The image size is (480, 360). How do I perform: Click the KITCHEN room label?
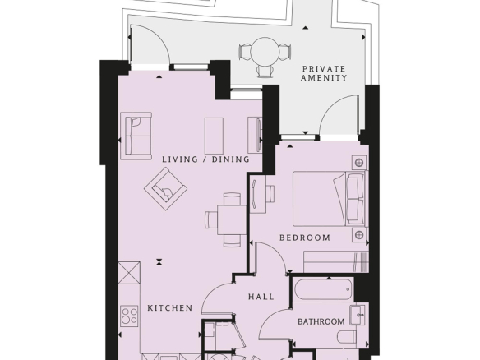pyautogui.click(x=170, y=307)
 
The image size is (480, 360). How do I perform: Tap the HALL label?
pyautogui.click(x=261, y=297)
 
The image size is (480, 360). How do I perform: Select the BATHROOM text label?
pyautogui.click(x=321, y=321)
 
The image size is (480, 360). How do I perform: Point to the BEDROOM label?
pyautogui.click(x=305, y=238)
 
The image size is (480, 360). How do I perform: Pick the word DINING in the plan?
pyautogui.click(x=231, y=159)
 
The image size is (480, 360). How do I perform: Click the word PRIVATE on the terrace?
pyautogui.click(x=324, y=68)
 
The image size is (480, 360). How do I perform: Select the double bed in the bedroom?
pyautogui.click(x=330, y=199)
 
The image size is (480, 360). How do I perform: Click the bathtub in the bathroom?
pyautogui.click(x=323, y=289)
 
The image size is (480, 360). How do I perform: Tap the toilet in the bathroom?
pyautogui.click(x=347, y=337)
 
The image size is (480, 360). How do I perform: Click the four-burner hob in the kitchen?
pyautogui.click(x=129, y=316)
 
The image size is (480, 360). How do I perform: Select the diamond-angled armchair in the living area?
pyautogui.click(x=165, y=189)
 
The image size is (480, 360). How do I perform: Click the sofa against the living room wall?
pyautogui.click(x=136, y=136)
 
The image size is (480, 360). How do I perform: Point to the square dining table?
pyautogui.click(x=232, y=219)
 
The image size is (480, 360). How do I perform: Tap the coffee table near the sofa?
pyautogui.click(x=214, y=136)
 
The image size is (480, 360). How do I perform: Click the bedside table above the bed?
pyautogui.click(x=359, y=162)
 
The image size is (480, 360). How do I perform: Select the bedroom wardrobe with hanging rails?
pyautogui.click(x=336, y=261)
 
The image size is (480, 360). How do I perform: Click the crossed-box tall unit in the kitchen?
pyautogui.click(x=129, y=273)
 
